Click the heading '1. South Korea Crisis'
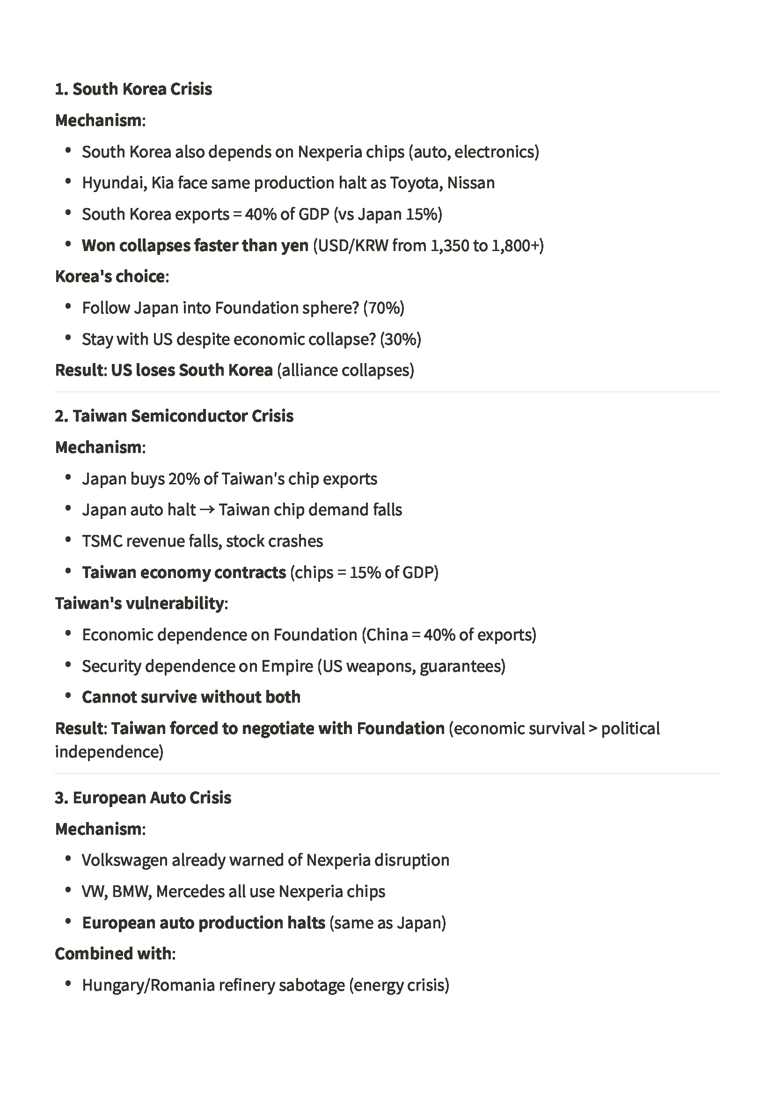point(133,89)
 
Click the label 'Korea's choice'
point(110,276)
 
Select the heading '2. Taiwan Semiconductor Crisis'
point(174,415)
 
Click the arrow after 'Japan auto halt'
point(207,510)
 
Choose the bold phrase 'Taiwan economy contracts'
point(184,572)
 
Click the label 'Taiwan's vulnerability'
point(139,603)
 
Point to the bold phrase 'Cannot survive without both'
point(191,697)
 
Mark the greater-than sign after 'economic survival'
point(592,729)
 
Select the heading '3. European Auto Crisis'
point(143,797)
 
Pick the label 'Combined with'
point(113,954)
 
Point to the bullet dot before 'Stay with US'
point(68,338)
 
